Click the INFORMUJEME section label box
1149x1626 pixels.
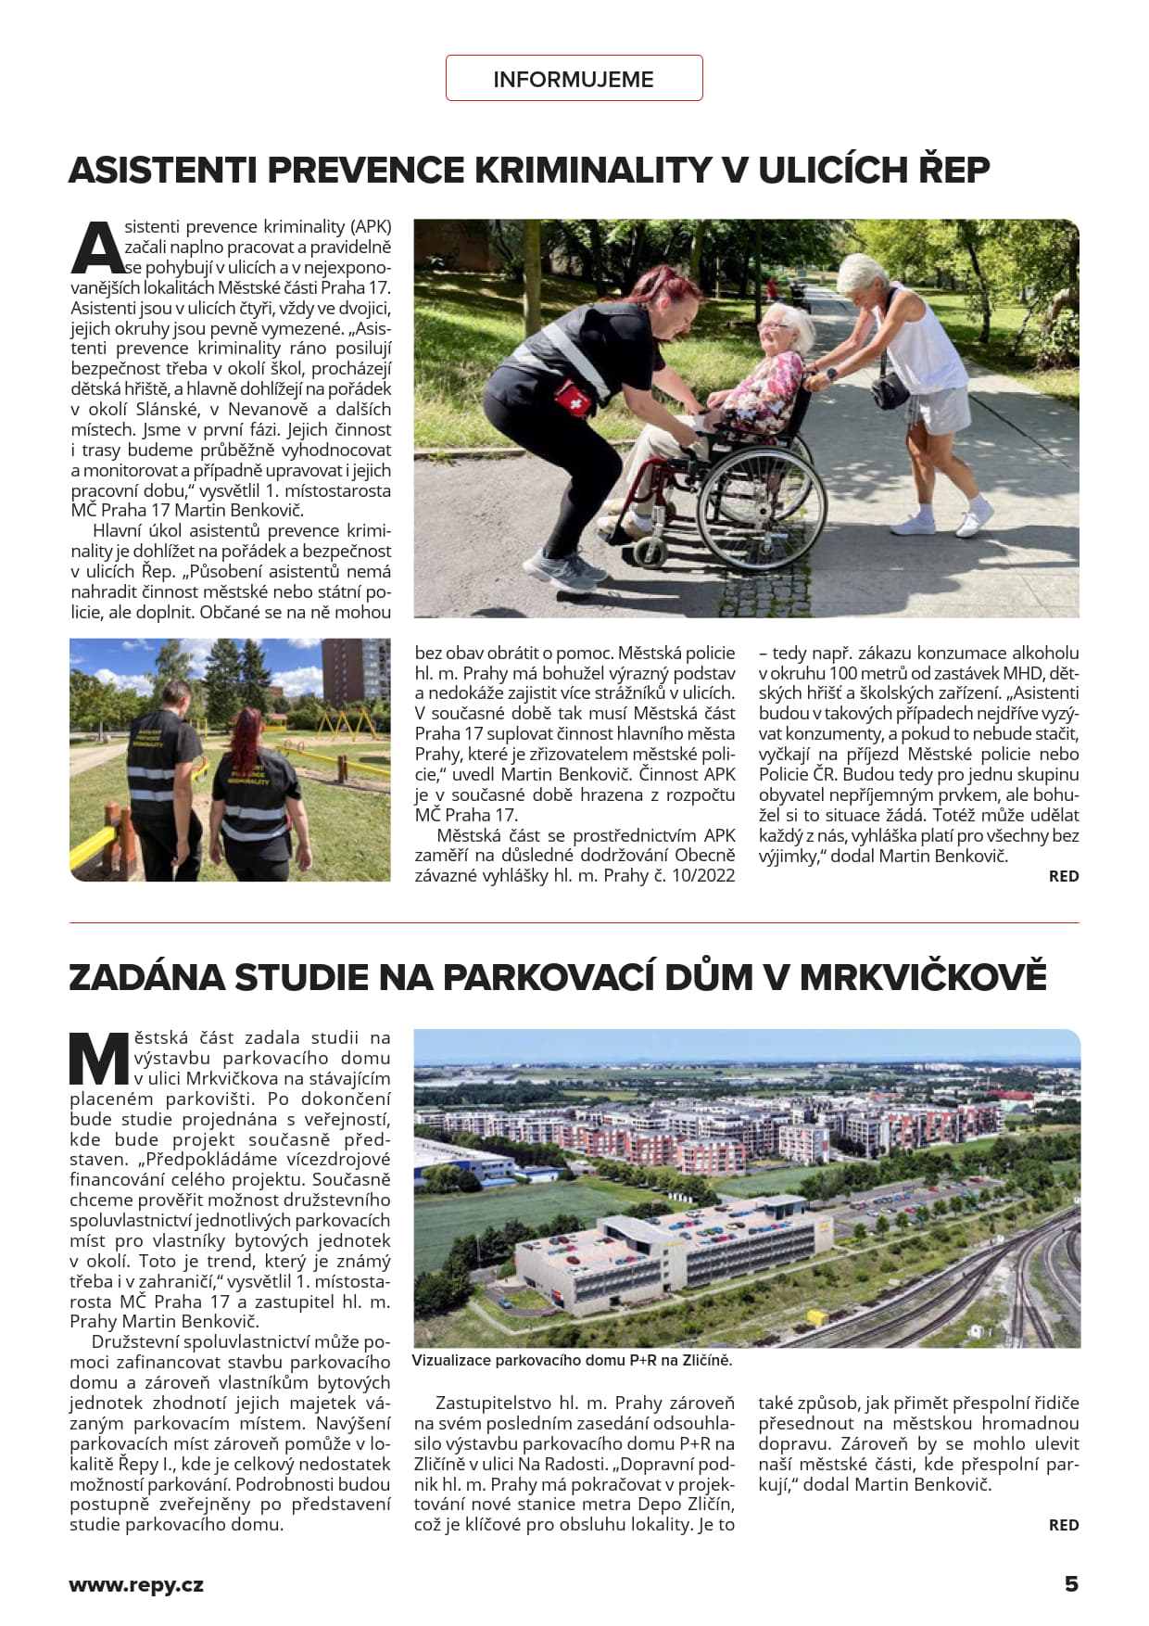click(x=574, y=79)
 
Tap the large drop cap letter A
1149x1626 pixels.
click(x=96, y=248)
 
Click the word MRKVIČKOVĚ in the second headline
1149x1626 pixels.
click(x=922, y=978)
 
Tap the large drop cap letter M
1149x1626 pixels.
click(x=99, y=1059)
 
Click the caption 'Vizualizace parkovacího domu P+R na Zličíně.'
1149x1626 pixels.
click(x=572, y=1361)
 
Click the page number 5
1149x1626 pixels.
click(x=1071, y=1584)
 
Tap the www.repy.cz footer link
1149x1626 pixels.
click(x=136, y=1585)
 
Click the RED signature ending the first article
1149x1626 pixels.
click(x=1063, y=876)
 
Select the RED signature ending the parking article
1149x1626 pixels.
click(x=1063, y=1525)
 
